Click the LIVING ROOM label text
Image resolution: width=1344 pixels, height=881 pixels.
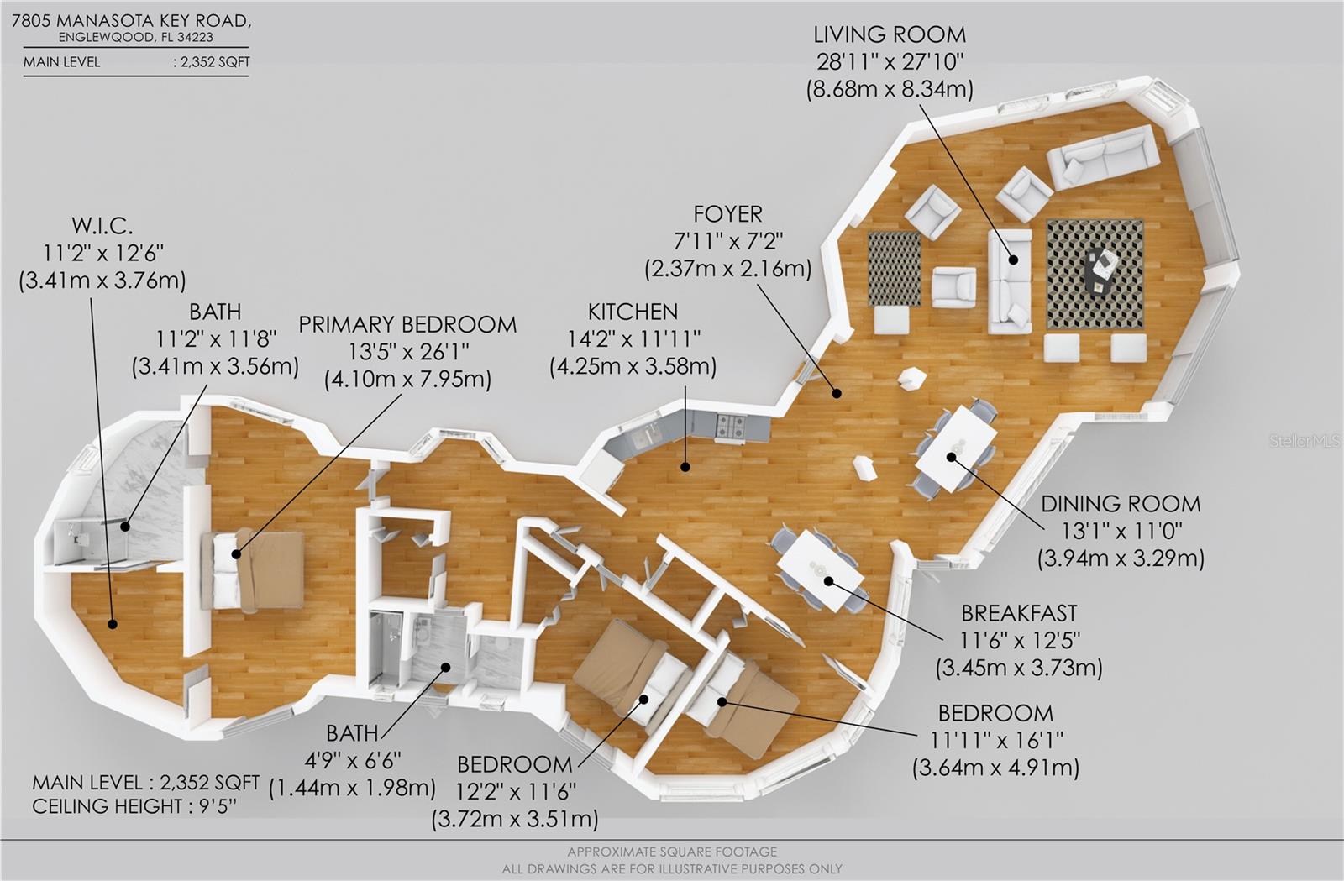point(889,35)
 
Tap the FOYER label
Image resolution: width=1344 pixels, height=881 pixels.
point(727,214)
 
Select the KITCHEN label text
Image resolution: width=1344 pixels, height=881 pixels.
point(633,312)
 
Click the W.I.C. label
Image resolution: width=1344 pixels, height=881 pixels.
point(102,226)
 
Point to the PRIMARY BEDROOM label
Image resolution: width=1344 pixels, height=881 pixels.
point(407,325)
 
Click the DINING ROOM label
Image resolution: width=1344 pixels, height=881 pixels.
point(1120,504)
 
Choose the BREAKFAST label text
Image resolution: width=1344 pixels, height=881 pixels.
point(1018,613)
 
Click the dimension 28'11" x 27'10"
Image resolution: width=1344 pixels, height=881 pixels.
point(889,61)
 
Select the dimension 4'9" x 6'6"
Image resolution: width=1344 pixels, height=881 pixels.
point(352,760)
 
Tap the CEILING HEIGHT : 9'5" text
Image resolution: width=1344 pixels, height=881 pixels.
point(134,806)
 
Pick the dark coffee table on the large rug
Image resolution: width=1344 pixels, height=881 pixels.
point(1100,270)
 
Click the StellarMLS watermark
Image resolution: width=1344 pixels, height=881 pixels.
point(1305,441)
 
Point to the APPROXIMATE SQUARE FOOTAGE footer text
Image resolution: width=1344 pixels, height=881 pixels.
point(671,852)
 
